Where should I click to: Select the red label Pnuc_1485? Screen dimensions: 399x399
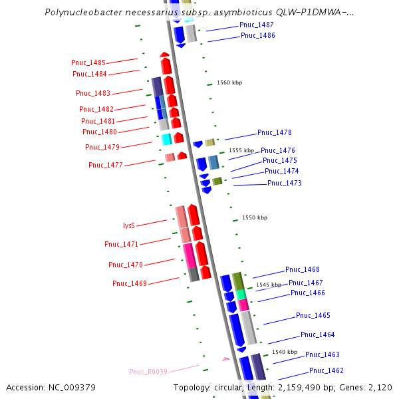[88, 63]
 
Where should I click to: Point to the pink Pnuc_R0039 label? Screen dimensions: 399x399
[148, 372]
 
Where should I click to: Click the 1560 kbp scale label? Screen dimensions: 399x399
[229, 83]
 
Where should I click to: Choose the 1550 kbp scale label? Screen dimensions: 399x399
[254, 217]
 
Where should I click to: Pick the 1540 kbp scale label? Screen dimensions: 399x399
[283, 352]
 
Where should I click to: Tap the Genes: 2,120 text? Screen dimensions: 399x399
[369, 387]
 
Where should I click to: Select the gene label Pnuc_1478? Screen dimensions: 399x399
[275, 133]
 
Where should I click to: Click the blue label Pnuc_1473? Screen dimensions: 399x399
[285, 183]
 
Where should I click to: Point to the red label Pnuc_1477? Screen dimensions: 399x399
[105, 165]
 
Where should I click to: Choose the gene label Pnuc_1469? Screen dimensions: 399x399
[130, 283]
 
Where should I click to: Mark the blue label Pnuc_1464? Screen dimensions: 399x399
[318, 335]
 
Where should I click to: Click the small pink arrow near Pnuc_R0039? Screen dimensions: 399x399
[226, 359]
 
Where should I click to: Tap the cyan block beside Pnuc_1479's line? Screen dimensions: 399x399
[167, 139]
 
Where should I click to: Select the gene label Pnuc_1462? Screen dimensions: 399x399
[327, 370]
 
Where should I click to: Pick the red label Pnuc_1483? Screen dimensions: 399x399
[93, 94]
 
